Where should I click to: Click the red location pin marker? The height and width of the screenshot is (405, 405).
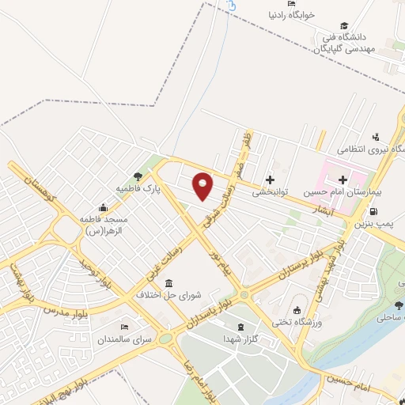[x=203, y=187]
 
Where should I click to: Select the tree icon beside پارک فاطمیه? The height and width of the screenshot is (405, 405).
[x=138, y=176]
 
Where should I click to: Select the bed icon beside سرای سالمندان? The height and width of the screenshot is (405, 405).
[x=123, y=327]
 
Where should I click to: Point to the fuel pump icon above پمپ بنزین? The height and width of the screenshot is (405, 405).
[x=373, y=212]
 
